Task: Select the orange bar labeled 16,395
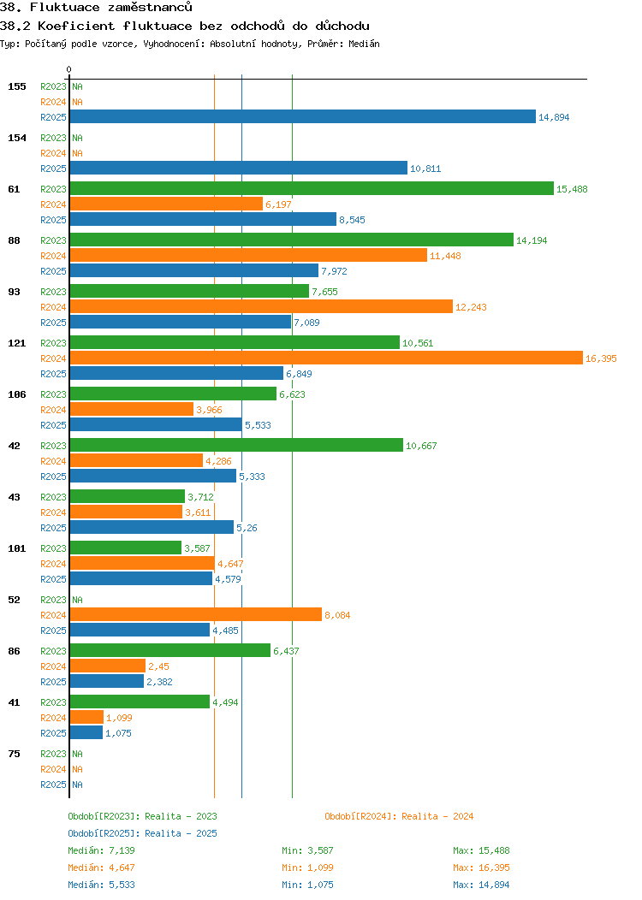pyautogui.click(x=325, y=358)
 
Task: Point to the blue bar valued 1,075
pyautogui.click(x=86, y=733)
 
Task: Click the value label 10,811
pyautogui.click(x=425, y=169)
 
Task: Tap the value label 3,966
pyautogui.click(x=209, y=411)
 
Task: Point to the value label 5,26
pyautogui.click(x=247, y=529)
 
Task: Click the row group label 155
pyautogui.click(x=17, y=86)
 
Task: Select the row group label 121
pyautogui.click(x=17, y=343)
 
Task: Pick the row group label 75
pyautogui.click(x=14, y=754)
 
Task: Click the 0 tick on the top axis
pyautogui.click(x=69, y=70)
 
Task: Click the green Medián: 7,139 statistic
pyautogui.click(x=101, y=850)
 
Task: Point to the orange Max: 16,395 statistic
pyautogui.click(x=480, y=867)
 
